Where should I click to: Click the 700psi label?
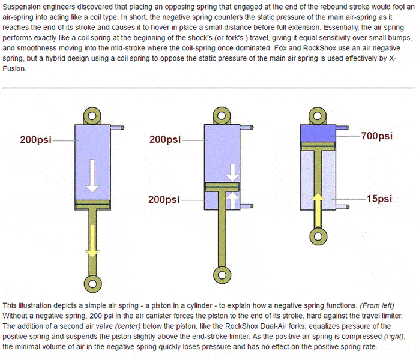377,136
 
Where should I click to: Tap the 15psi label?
379,199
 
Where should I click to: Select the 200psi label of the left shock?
36,140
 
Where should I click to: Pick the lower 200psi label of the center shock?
164,200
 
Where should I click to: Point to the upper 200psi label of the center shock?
165,140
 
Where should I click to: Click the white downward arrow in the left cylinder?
92,176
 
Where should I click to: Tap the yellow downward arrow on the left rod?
92,241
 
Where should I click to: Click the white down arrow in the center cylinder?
232,173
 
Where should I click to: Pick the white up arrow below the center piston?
232,200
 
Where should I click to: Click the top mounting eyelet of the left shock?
92,116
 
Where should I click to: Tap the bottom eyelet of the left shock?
92,284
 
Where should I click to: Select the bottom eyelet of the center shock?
222,275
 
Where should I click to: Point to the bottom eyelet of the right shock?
318,236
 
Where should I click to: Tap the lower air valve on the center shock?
246,206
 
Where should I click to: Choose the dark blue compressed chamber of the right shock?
318,133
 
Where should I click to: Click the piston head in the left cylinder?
92,205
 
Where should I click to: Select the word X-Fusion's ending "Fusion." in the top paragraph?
14,69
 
